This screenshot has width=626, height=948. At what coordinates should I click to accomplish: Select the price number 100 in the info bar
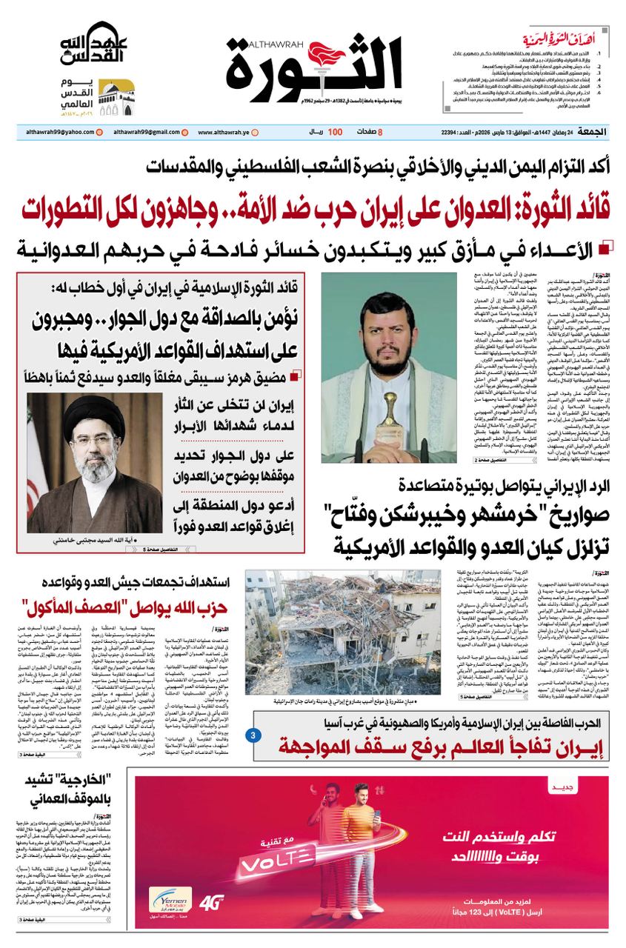(335, 132)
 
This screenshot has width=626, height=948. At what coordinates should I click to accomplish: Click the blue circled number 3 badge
(253, 735)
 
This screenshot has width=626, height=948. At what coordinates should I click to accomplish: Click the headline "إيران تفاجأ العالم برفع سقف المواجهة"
(433, 751)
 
